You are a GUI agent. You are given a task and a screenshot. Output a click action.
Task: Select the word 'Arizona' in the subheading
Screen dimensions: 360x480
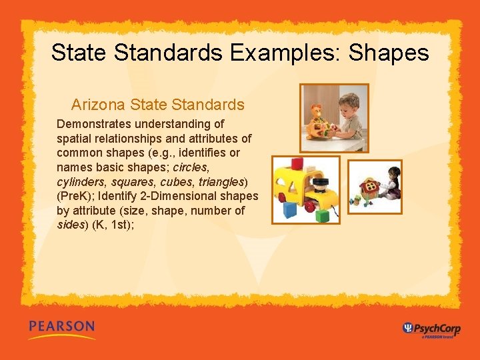(99, 105)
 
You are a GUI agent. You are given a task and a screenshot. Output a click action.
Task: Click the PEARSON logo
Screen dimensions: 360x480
(61, 327)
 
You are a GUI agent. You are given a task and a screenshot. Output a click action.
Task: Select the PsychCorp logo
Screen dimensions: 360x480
(432, 328)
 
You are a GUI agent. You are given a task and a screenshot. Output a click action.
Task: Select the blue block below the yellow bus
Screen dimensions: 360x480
(290, 210)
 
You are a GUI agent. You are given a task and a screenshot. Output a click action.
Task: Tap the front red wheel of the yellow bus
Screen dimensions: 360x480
(281, 198)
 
